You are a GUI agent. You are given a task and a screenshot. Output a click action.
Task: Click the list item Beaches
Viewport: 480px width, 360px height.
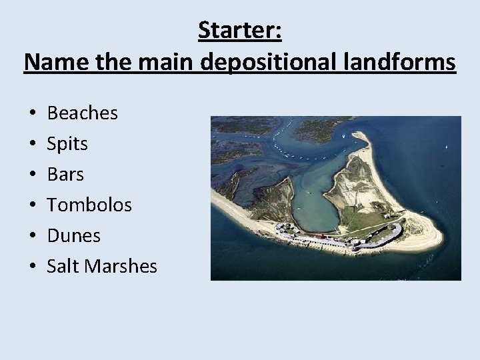coord(82,113)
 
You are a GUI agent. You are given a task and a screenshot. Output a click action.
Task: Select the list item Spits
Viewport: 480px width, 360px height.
coord(67,144)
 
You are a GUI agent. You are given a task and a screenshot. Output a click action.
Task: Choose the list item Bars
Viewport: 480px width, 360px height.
coord(65,175)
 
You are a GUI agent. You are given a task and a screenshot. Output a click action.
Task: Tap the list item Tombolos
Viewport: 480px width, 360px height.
coord(89,205)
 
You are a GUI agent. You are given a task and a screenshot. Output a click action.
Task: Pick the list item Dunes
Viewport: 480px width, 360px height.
coord(73,236)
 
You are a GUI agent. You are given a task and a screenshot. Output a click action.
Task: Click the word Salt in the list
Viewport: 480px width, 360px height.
coord(63,267)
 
